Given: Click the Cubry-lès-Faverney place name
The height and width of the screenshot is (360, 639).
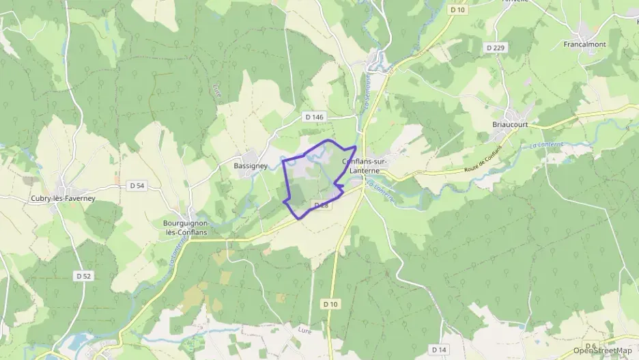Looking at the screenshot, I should pos(62,198).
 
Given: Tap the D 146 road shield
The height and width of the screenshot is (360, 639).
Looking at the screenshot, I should pos(315,117).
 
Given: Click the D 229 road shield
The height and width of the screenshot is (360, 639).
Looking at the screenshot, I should pos(496,47).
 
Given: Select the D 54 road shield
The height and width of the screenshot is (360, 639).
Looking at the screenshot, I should pos(137,185).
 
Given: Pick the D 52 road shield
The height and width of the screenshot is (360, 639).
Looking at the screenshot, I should pos(84,275).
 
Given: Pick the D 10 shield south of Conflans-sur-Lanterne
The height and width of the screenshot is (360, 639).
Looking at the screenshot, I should pos(330,303).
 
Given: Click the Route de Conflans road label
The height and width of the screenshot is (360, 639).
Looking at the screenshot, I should pos(482,159).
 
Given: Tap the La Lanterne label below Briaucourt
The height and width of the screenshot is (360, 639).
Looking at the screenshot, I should pos(543,145).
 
